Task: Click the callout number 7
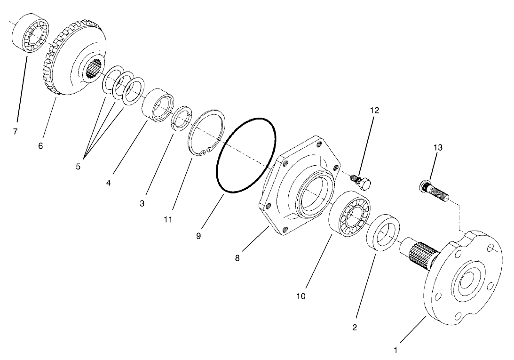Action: (x=16, y=132)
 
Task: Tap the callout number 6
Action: (x=40, y=146)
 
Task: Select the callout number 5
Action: (x=79, y=166)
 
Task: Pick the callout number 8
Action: (x=237, y=258)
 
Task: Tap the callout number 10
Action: (x=301, y=296)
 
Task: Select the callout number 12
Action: (x=374, y=110)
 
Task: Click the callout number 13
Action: (x=437, y=148)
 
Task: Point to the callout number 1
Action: (x=395, y=350)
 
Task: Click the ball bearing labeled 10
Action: (x=350, y=215)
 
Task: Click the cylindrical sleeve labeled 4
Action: (x=158, y=107)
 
